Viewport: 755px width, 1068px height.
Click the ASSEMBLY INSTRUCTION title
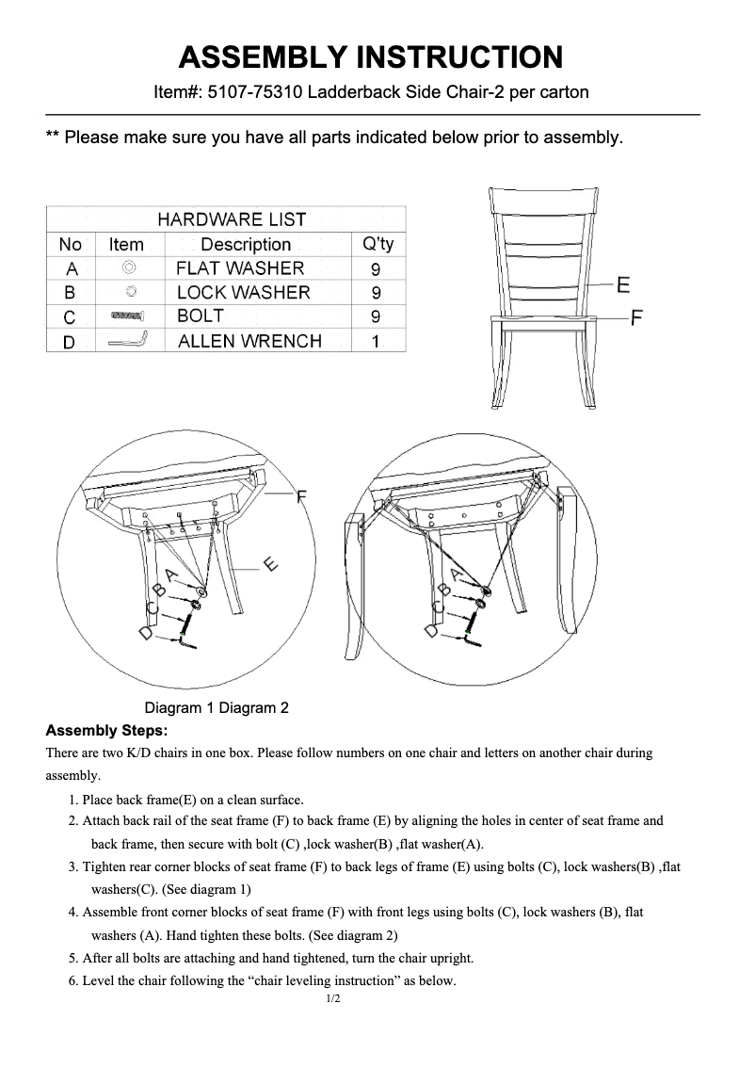pyautogui.click(x=371, y=57)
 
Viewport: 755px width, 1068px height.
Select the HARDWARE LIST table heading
pyautogui.click(x=232, y=219)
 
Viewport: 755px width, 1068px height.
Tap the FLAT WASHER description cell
pyautogui.click(x=240, y=268)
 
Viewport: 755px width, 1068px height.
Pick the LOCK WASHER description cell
pyautogui.click(x=243, y=293)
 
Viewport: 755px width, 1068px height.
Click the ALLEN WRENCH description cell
pyautogui.click(x=249, y=342)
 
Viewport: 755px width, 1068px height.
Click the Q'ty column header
pyautogui.click(x=377, y=245)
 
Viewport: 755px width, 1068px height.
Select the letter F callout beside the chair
pyautogui.click(x=637, y=318)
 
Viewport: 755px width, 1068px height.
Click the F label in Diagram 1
pyautogui.click(x=301, y=496)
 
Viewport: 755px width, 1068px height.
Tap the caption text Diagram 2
pyautogui.click(x=254, y=708)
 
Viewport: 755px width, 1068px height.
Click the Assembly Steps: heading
pyautogui.click(x=106, y=731)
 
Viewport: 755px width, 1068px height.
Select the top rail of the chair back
pyautogui.click(x=543, y=200)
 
